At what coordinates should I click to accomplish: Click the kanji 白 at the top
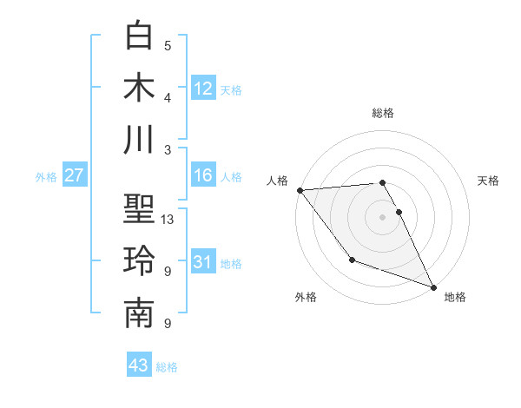point(140,36)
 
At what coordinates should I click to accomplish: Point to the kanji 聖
point(140,209)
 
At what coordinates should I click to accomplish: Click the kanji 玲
point(140,260)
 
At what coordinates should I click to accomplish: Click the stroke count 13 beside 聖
point(168,220)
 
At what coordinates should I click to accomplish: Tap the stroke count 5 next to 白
point(168,46)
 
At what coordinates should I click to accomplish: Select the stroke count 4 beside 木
point(168,97)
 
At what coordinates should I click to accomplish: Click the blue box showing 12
point(203,88)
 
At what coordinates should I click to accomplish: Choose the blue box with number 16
point(203,176)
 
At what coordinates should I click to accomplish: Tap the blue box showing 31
point(203,262)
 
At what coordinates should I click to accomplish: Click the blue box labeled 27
point(75,176)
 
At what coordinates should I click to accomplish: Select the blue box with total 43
point(139,365)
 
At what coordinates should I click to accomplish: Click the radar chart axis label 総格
point(383,113)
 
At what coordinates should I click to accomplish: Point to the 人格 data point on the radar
point(300,189)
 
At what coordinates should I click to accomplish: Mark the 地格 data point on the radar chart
point(432,286)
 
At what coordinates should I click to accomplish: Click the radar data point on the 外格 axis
point(352,260)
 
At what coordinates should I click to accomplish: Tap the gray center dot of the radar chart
point(382,216)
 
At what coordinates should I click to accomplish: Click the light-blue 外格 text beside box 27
point(46,177)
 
